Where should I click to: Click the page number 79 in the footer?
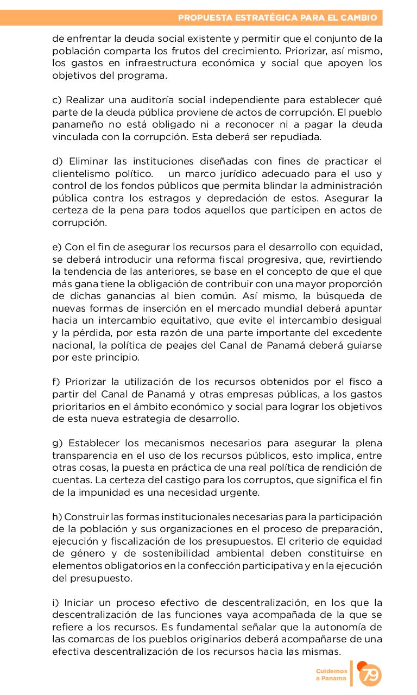coord(370,675)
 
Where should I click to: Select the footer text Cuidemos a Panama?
coord(332,675)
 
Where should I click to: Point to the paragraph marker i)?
coord(56,603)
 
